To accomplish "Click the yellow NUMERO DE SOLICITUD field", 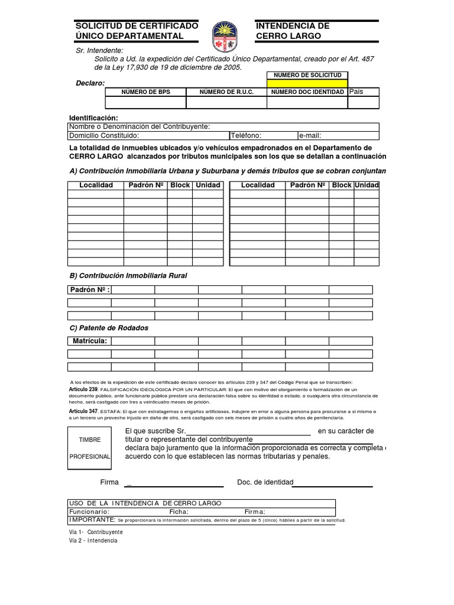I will [x=307, y=83].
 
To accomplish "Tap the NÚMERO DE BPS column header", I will [x=145, y=92].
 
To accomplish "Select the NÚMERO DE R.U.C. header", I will [x=226, y=92].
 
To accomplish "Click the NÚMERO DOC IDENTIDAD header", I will [x=307, y=92].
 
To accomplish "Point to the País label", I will [x=356, y=92].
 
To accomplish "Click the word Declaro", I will [x=89, y=83].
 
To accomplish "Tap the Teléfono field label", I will [x=246, y=135].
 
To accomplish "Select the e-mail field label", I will [x=310, y=135].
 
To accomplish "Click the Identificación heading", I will [x=93, y=118].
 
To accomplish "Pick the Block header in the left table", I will [x=180, y=185].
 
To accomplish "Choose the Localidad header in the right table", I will [x=258, y=185].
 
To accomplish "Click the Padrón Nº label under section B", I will [x=89, y=290].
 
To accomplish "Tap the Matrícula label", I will [x=89, y=341].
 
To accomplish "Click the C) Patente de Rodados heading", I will [x=109, y=328].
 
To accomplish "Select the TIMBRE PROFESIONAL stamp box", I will [x=94, y=448].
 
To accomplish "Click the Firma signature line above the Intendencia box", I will [x=174, y=483].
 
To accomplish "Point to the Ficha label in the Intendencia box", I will [x=179, y=512].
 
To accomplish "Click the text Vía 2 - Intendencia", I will [x=93, y=541].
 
